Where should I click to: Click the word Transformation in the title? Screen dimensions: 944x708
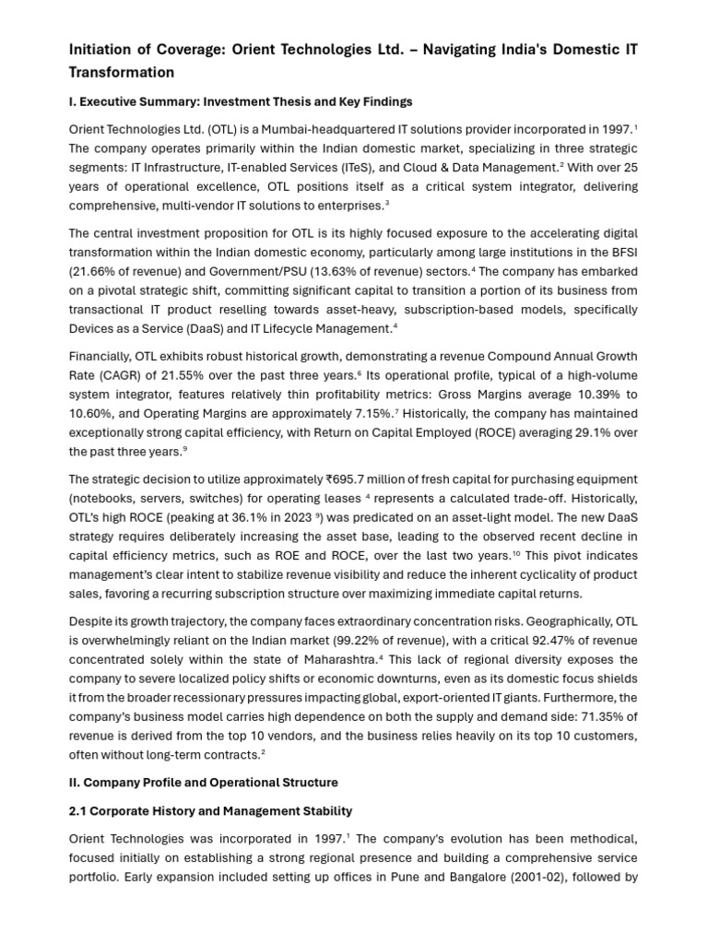pyautogui.click(x=121, y=72)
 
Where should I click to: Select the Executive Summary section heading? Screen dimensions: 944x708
pyautogui.click(x=241, y=101)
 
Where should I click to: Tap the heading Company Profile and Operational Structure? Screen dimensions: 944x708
pyautogui.click(x=204, y=783)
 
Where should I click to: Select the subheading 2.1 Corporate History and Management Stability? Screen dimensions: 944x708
pyautogui.click(x=210, y=811)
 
